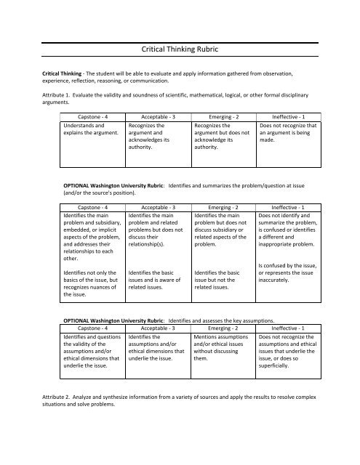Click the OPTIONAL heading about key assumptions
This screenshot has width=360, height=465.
[169, 320]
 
